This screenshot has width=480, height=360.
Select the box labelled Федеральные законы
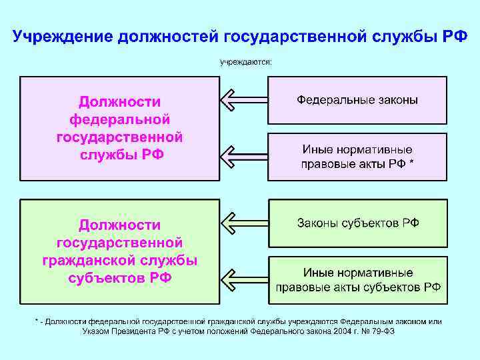pos(357,100)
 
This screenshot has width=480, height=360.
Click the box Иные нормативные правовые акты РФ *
pos(357,157)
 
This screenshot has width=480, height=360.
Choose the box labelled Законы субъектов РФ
pos(357,223)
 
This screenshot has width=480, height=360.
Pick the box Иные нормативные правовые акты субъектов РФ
pos(357,280)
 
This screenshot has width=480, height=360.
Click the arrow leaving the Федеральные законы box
pos(243,100)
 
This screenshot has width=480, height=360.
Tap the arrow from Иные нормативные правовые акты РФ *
pos(243,157)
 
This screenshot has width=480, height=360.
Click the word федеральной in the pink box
pos(120,119)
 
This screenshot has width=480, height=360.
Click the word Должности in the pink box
pos(120,101)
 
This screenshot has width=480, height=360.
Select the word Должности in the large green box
pos(120,225)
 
